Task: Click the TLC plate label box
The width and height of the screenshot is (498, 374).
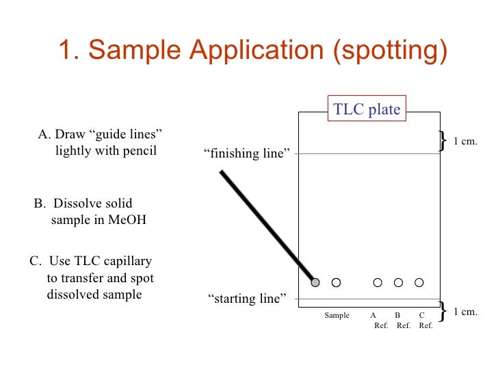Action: click(367, 109)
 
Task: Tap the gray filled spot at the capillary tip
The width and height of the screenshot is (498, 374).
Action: click(315, 282)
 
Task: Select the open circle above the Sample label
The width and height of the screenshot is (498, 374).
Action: click(336, 282)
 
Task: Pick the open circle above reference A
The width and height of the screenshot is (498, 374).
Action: click(378, 282)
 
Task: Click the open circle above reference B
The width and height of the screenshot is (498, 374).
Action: click(398, 282)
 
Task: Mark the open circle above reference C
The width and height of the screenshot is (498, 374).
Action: click(419, 282)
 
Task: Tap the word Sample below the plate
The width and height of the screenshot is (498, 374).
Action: click(337, 316)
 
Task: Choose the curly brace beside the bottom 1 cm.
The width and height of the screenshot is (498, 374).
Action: click(443, 311)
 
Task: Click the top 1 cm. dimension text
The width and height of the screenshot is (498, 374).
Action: click(465, 142)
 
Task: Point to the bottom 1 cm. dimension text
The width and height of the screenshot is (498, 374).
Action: click(465, 312)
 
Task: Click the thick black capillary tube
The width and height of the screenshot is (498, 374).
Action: click(267, 226)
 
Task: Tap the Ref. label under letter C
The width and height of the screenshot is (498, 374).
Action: click(425, 326)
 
